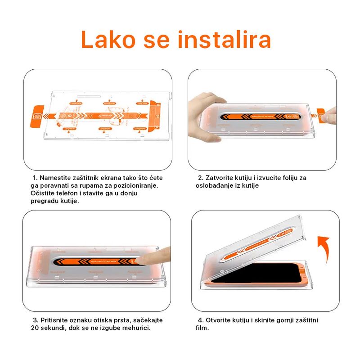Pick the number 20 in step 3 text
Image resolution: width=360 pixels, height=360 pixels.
click(35, 328)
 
